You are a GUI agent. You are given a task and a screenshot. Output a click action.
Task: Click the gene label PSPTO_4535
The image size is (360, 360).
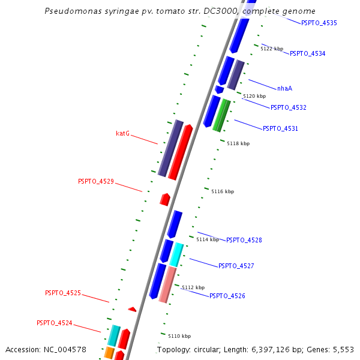tap(319, 23)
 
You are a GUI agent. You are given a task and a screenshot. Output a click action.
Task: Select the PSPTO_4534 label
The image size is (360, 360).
tap(307, 53)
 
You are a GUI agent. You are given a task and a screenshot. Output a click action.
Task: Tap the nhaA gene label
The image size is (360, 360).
tap(284, 88)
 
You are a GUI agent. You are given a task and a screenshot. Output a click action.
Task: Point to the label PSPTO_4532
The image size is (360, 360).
tap(288, 107)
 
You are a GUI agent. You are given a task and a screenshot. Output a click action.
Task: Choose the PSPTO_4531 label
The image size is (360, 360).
tap(280, 128)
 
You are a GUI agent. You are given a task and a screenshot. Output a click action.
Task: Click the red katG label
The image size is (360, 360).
tap(122, 133)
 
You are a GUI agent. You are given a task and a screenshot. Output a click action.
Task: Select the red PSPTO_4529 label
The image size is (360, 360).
tap(95, 181)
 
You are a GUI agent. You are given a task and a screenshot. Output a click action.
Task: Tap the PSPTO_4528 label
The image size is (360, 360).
tap(244, 240)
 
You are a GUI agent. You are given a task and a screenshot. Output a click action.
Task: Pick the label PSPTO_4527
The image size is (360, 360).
tap(236, 266)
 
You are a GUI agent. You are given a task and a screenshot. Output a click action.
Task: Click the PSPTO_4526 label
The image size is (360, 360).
tap(227, 296)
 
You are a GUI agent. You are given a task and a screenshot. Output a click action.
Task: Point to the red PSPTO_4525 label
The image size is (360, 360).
tap(62, 293)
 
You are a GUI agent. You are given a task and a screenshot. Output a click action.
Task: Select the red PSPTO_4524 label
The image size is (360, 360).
tap(54, 323)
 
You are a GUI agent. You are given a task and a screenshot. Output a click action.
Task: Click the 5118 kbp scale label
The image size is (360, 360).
tap(238, 143)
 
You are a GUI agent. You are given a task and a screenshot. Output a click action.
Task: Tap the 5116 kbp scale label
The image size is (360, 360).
tap(223, 191)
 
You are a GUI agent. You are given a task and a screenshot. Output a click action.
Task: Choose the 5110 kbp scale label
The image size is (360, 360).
tap(179, 336)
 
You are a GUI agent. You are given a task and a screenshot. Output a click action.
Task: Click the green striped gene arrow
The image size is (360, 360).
tap(221, 115)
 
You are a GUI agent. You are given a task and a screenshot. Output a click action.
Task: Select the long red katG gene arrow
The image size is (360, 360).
tap(180, 152)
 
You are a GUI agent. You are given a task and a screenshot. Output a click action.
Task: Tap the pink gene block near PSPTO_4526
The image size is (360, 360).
tap(167, 284)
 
